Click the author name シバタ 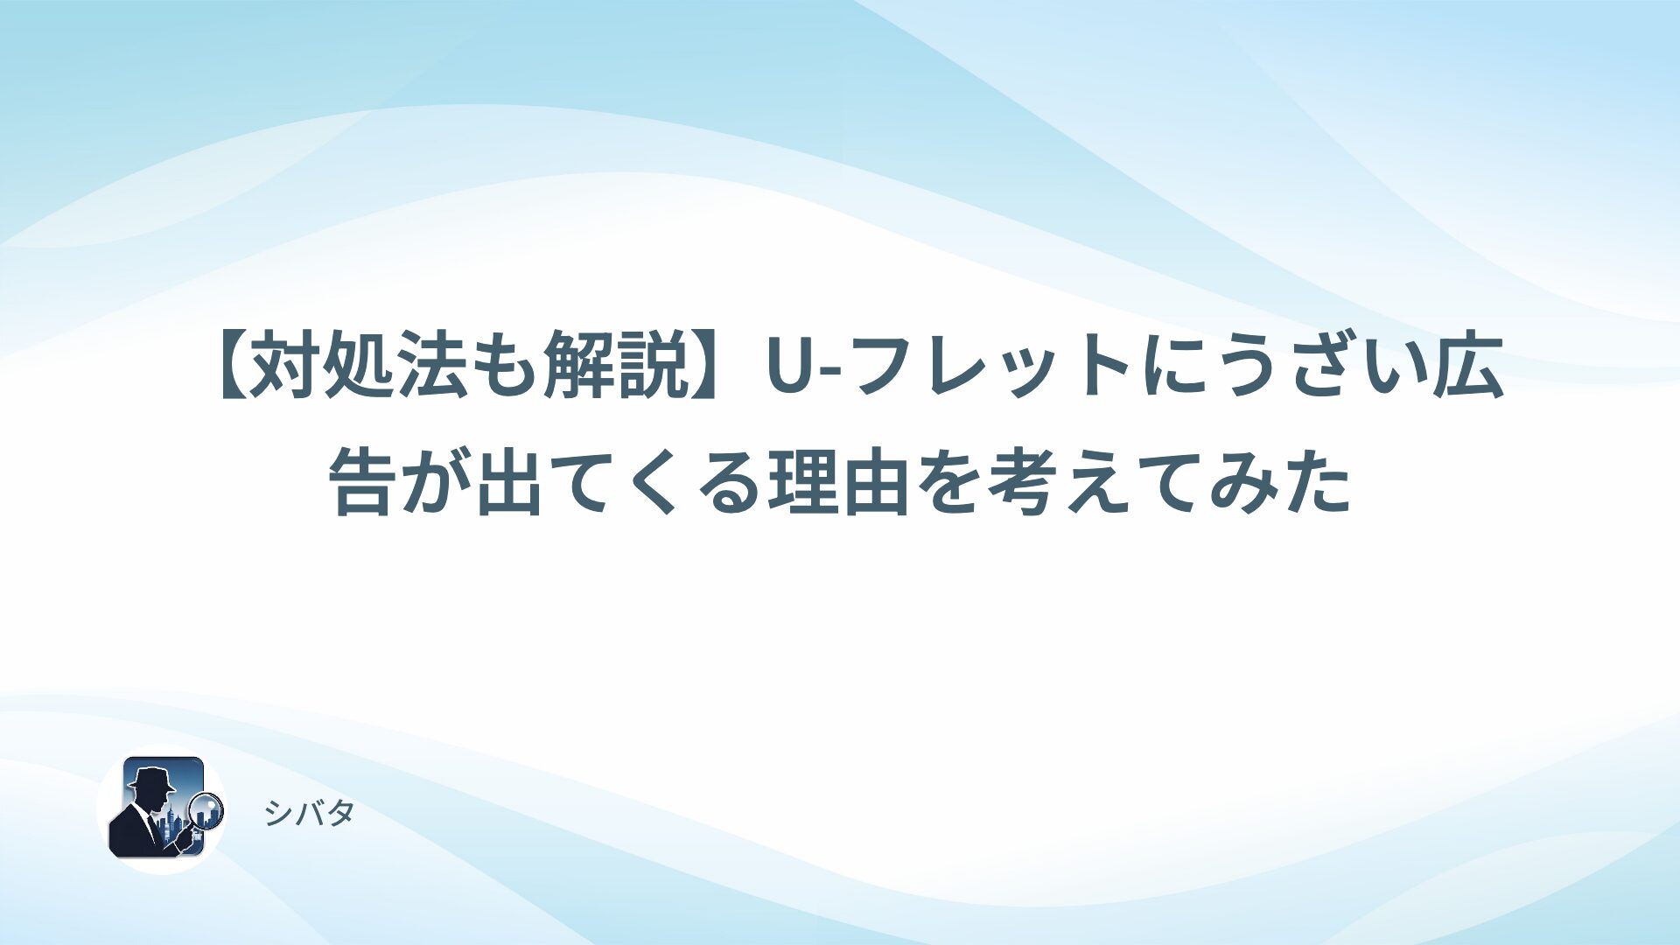pos(310,814)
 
